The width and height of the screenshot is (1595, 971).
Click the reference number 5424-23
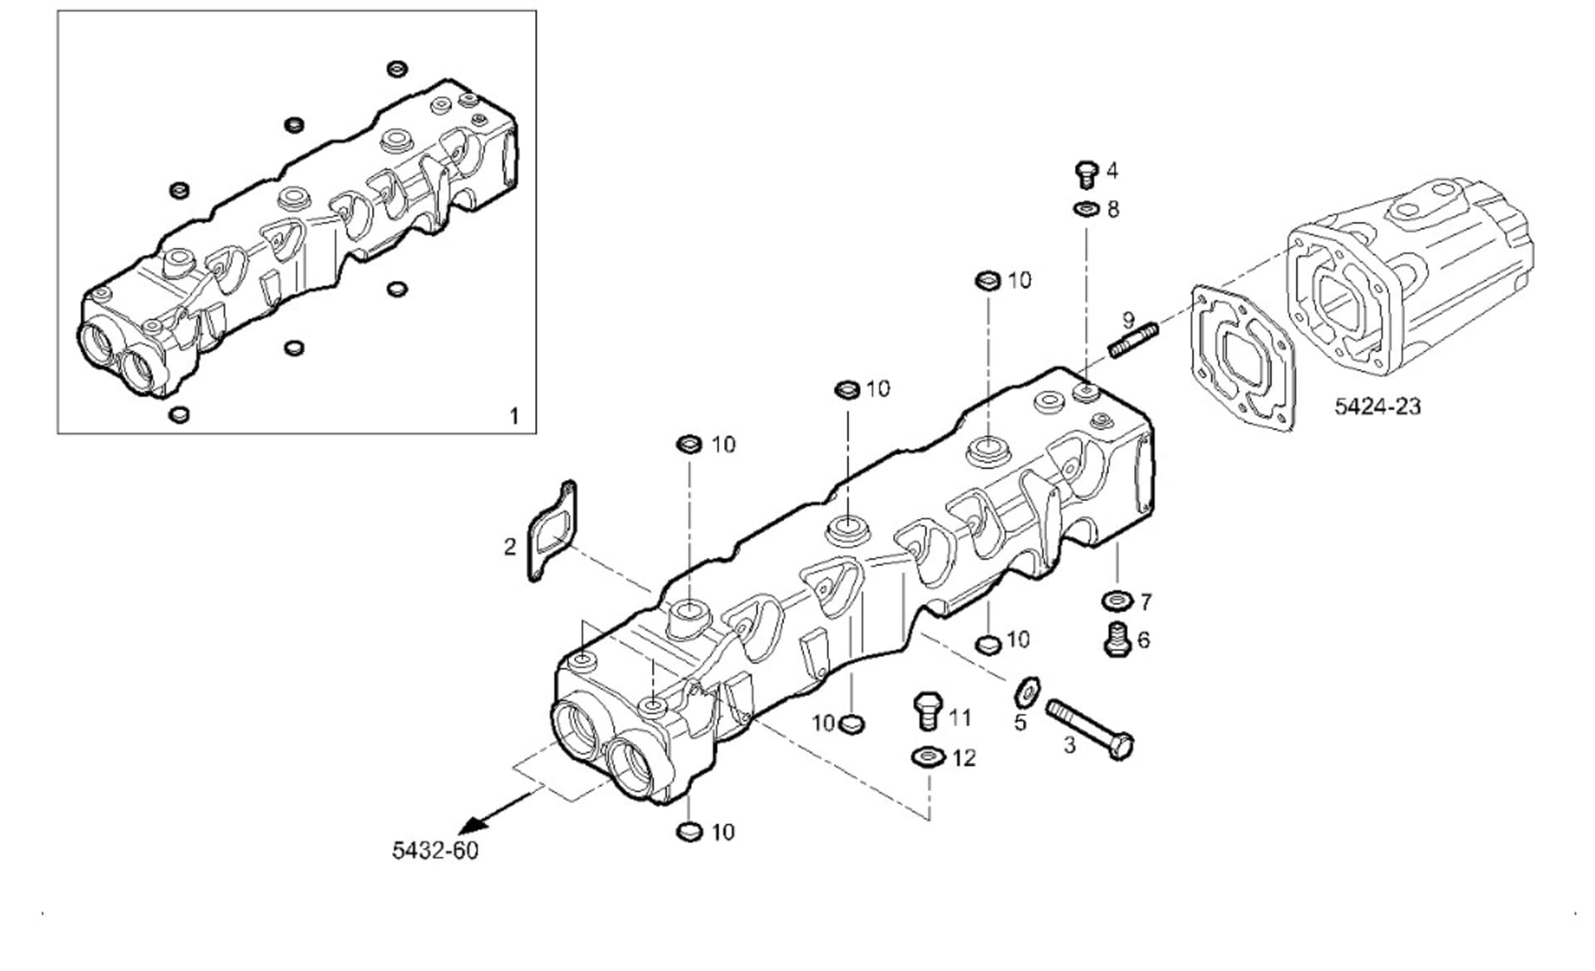(1377, 406)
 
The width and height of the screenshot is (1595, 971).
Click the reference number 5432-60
(435, 851)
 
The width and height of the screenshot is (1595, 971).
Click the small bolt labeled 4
(1086, 174)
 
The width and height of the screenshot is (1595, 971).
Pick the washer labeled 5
(1028, 689)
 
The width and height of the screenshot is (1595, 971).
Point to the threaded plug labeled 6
(1117, 640)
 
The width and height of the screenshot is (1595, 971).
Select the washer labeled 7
(1117, 600)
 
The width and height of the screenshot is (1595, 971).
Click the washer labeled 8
(1086, 208)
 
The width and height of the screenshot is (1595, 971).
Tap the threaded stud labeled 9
(1134, 341)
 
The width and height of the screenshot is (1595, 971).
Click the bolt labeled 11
(927, 711)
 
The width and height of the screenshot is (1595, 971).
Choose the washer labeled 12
(927, 757)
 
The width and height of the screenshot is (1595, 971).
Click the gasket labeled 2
(552, 532)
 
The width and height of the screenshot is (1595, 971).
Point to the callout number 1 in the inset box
(513, 415)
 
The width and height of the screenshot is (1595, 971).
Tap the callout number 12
(964, 758)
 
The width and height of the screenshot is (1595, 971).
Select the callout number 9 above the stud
(1128, 319)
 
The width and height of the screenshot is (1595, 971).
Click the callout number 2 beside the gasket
(510, 547)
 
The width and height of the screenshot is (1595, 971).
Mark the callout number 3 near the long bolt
(1070, 745)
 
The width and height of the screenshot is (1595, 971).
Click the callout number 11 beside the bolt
(959, 717)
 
